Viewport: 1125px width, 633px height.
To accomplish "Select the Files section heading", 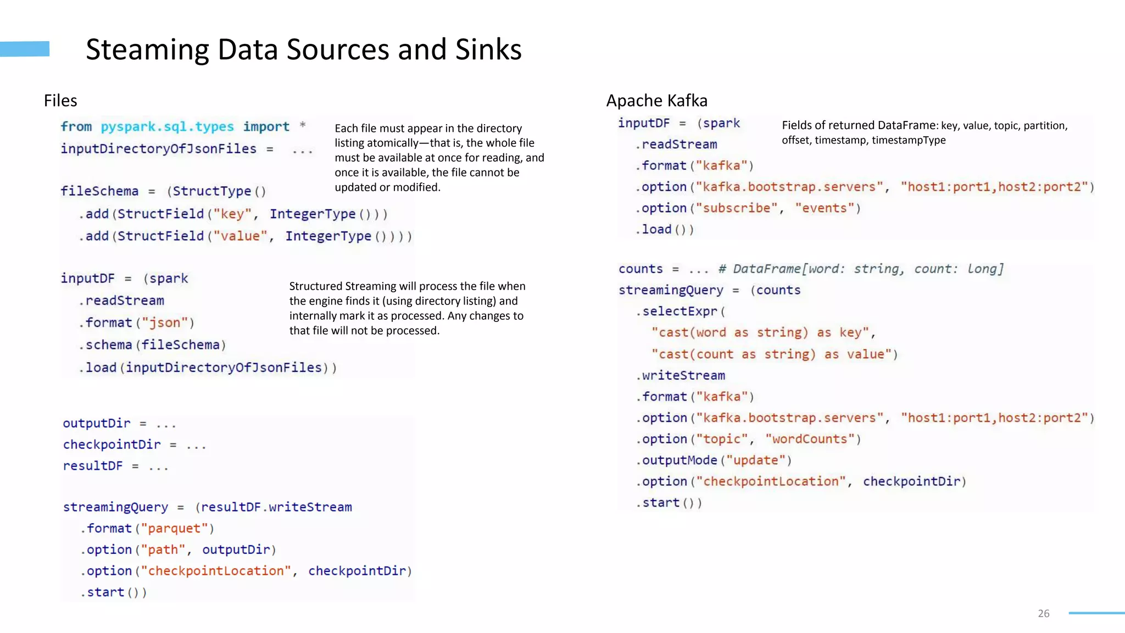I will (60, 101).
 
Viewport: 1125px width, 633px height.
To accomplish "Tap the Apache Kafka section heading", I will (656, 101).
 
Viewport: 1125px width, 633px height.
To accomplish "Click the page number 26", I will (1043, 613).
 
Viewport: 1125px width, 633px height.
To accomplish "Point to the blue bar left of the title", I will (25, 49).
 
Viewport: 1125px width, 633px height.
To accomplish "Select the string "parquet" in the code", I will (174, 529).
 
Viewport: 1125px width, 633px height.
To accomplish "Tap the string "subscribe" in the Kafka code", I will (737, 208).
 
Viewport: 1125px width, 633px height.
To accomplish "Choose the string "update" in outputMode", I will (756, 460).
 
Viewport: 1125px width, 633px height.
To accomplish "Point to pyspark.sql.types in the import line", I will (167, 127).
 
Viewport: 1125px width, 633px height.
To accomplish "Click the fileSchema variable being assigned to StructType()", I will (99, 191).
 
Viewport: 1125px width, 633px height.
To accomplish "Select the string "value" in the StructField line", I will (240, 236).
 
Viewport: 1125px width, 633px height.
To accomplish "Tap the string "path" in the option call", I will (163, 549).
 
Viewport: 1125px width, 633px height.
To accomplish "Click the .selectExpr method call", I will (679, 312).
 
